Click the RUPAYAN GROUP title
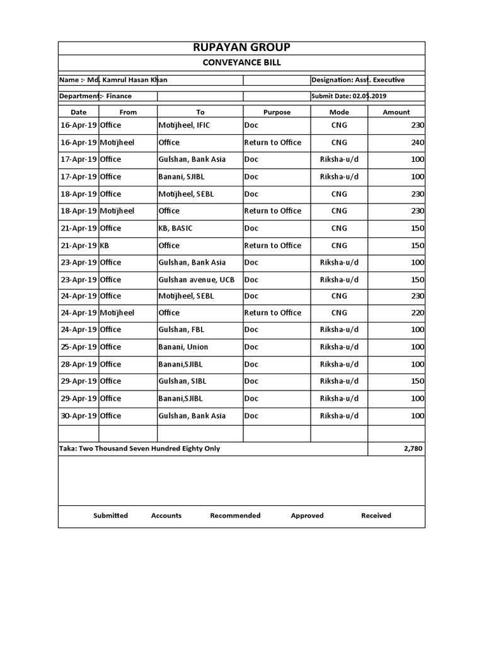241,48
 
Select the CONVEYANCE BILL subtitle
241,63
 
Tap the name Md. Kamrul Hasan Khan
113,80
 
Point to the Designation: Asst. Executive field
358,80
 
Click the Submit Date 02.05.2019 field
349,96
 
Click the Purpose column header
277,112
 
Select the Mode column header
338,112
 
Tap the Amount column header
396,112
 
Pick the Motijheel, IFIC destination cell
184,125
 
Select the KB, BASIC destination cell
179,228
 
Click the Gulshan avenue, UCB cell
196,280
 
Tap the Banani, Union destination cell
183,347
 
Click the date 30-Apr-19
79,416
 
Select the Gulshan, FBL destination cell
181,330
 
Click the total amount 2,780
412,448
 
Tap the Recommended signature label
235,516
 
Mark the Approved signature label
307,516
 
